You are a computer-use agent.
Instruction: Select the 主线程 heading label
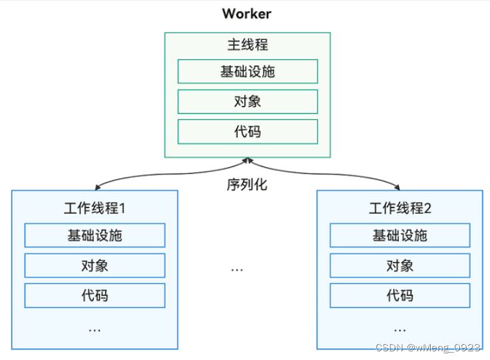248,45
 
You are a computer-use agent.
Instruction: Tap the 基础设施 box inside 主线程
248,71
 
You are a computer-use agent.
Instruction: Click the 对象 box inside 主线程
248,101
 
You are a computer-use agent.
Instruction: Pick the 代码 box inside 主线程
248,131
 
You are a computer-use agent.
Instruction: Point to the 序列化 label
247,184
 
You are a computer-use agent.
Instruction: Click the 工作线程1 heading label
95,208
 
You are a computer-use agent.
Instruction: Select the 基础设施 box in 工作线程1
95,236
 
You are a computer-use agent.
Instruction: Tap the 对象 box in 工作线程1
95,266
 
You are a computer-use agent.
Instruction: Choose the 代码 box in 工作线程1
95,295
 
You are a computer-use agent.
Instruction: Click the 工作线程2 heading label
400,208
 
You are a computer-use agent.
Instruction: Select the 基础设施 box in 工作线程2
400,236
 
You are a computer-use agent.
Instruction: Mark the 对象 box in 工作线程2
400,266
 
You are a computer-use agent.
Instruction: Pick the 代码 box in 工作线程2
400,295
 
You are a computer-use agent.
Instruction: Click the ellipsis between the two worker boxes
237,270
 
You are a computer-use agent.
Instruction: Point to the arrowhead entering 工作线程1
96,188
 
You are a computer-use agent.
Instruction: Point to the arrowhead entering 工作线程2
399,188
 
